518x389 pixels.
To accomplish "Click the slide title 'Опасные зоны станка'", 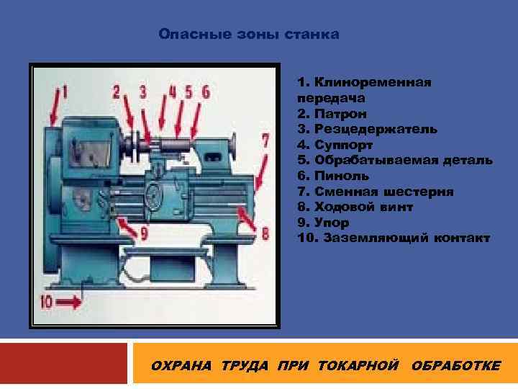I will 248,34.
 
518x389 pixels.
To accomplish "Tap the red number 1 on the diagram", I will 63,92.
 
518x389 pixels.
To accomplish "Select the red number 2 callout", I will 117,91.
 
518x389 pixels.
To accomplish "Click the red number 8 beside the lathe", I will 265,233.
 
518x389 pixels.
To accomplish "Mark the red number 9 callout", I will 143,233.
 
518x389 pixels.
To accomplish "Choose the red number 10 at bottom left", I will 47,303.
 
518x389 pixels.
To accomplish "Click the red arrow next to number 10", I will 71,303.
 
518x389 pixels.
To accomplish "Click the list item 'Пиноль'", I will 342,175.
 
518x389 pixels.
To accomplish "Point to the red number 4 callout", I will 172,91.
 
